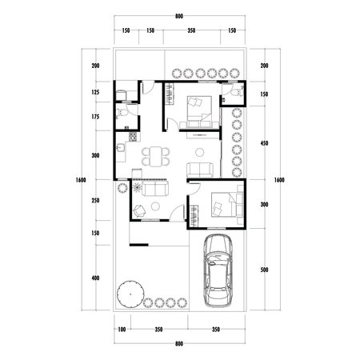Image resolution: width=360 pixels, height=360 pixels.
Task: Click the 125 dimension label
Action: pos(95,93)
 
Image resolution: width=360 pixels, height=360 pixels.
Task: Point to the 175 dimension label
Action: pos(95,117)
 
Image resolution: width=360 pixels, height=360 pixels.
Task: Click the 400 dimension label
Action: pos(95,278)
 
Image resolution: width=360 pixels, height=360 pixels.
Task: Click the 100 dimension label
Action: pos(122,330)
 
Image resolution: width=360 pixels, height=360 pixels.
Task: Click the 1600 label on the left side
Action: pos(80,179)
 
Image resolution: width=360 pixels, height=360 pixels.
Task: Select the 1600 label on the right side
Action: pos(278,179)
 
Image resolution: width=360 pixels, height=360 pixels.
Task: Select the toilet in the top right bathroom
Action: pos(234,93)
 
